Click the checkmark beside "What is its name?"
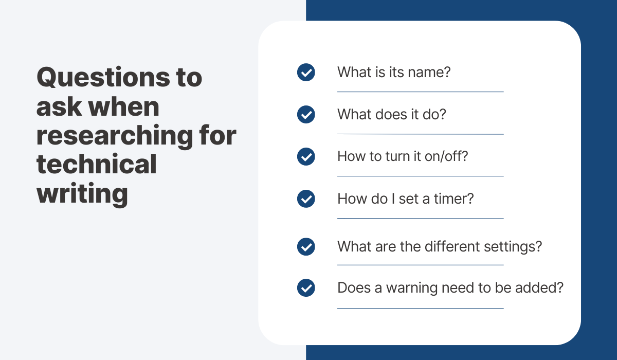point(306,73)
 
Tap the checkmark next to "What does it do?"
point(306,115)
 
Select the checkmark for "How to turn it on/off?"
point(306,156)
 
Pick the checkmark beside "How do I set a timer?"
point(306,199)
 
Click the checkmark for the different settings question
point(306,247)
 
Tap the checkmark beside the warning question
point(306,288)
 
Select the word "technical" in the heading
point(96,165)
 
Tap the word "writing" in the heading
point(82,194)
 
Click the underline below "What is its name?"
point(420,92)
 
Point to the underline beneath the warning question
point(420,309)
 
